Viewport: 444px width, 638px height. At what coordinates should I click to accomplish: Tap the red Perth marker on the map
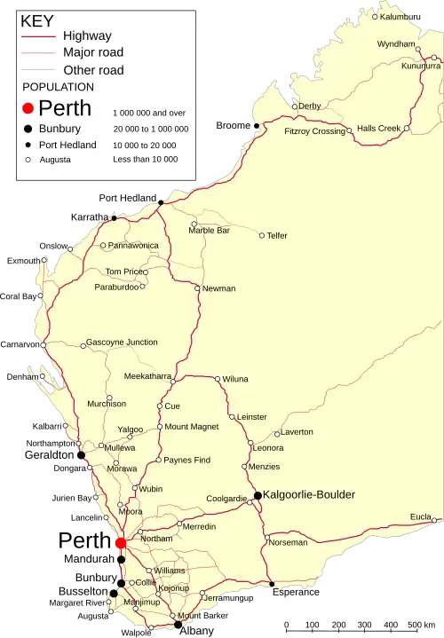[x=120, y=542]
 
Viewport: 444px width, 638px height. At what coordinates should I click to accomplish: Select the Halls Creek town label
[x=378, y=128]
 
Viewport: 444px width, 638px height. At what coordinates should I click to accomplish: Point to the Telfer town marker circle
[x=262, y=235]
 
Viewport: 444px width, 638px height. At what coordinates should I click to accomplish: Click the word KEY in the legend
[x=36, y=20]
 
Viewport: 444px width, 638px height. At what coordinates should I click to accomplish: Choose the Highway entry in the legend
[x=87, y=36]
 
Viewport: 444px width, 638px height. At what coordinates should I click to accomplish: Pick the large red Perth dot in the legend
[x=28, y=108]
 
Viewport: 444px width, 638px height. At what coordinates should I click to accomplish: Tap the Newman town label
[x=219, y=288]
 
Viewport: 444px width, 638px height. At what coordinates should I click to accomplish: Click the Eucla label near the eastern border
[x=420, y=516]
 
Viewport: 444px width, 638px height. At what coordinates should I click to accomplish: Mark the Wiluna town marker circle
[x=218, y=379]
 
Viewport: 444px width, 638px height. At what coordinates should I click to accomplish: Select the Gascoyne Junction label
[x=123, y=343]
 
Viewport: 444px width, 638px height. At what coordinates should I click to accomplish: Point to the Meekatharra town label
[x=147, y=376]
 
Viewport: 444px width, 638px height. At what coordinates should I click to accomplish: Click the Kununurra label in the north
[x=421, y=66]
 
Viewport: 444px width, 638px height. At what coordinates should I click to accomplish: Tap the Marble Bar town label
[x=210, y=231]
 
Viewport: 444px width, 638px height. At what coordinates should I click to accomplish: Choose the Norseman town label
[x=288, y=542]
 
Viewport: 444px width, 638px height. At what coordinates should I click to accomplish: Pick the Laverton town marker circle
[x=276, y=434]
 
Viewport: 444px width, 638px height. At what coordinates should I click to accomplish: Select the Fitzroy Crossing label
[x=314, y=131]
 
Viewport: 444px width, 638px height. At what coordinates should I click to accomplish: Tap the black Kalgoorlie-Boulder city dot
[x=258, y=494]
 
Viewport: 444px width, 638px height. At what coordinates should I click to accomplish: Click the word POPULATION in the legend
[x=59, y=87]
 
